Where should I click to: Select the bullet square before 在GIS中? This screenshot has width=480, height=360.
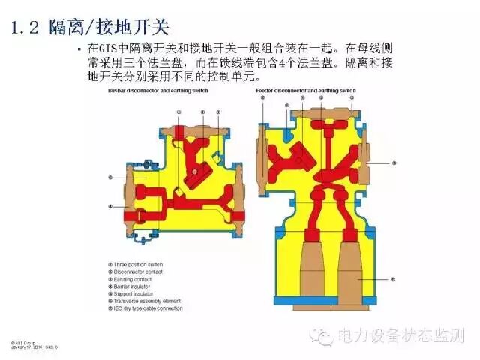pos(79,49)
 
